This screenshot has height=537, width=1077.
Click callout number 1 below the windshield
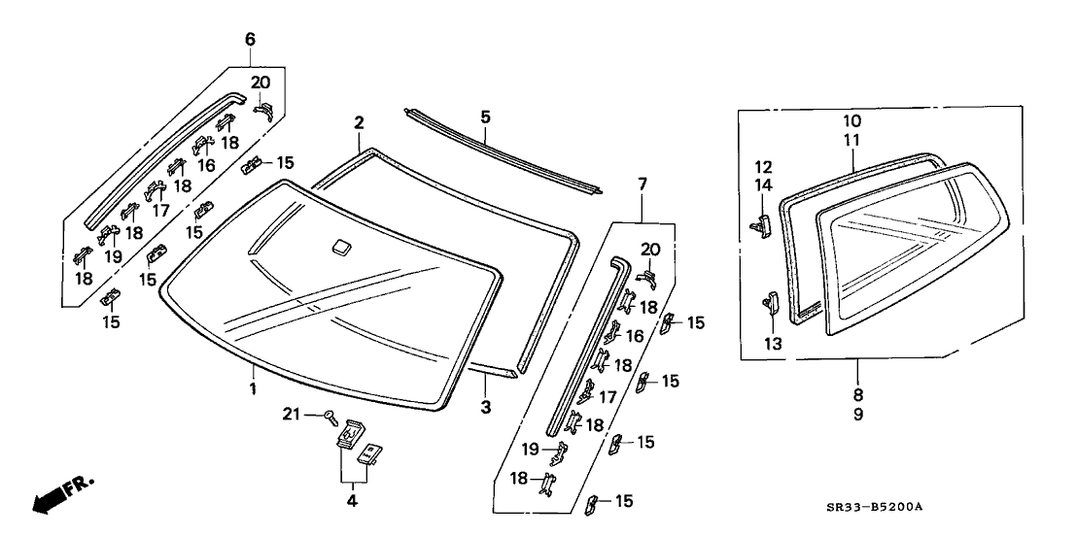click(x=252, y=389)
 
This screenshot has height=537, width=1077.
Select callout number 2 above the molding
click(x=359, y=123)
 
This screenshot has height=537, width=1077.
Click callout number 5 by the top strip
click(x=485, y=117)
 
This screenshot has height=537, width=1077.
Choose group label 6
click(x=251, y=39)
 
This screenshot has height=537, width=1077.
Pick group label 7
click(x=642, y=185)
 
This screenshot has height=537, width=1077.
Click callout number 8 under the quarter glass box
click(x=858, y=395)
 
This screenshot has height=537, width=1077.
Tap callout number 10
click(x=851, y=122)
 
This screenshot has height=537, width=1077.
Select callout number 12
click(x=763, y=166)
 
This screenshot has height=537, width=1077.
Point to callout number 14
click(x=763, y=184)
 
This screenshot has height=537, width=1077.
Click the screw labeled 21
click(x=333, y=419)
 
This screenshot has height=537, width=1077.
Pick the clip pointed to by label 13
click(x=771, y=303)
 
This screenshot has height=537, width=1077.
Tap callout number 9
click(x=858, y=415)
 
